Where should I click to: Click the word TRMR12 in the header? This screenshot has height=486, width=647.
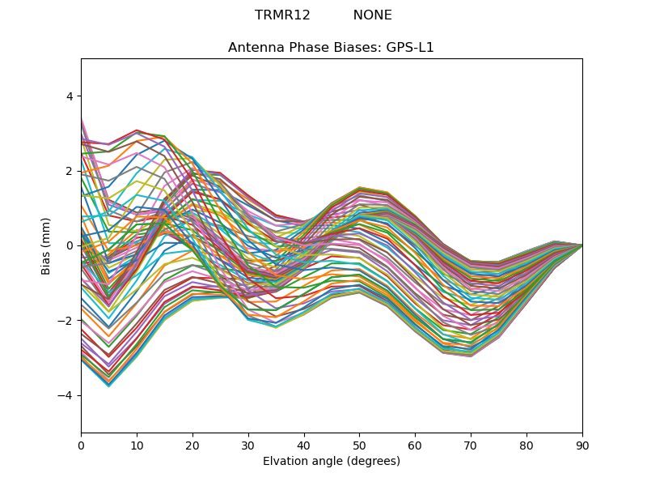point(282,15)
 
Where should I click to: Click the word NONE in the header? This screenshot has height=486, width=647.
point(372,15)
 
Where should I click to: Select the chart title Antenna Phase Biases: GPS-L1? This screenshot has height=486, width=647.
point(331,48)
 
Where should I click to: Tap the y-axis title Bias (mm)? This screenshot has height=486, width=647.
point(46,245)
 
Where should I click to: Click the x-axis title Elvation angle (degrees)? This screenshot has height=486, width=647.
point(332,461)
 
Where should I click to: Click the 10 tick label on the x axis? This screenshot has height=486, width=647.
point(137,444)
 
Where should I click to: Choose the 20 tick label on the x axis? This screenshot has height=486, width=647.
point(192,444)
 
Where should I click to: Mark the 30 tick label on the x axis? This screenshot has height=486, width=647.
point(248,444)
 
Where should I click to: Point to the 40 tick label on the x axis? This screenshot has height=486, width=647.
point(304,444)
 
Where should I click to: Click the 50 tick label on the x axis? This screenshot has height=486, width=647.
point(359,444)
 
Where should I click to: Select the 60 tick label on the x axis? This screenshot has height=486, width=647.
point(415,444)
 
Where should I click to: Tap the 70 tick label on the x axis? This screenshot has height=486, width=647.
point(471,444)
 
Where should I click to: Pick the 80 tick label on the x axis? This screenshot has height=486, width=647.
point(526,444)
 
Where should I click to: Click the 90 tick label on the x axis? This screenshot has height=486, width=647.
point(582,444)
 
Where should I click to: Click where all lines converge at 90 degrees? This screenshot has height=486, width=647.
point(581,245)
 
